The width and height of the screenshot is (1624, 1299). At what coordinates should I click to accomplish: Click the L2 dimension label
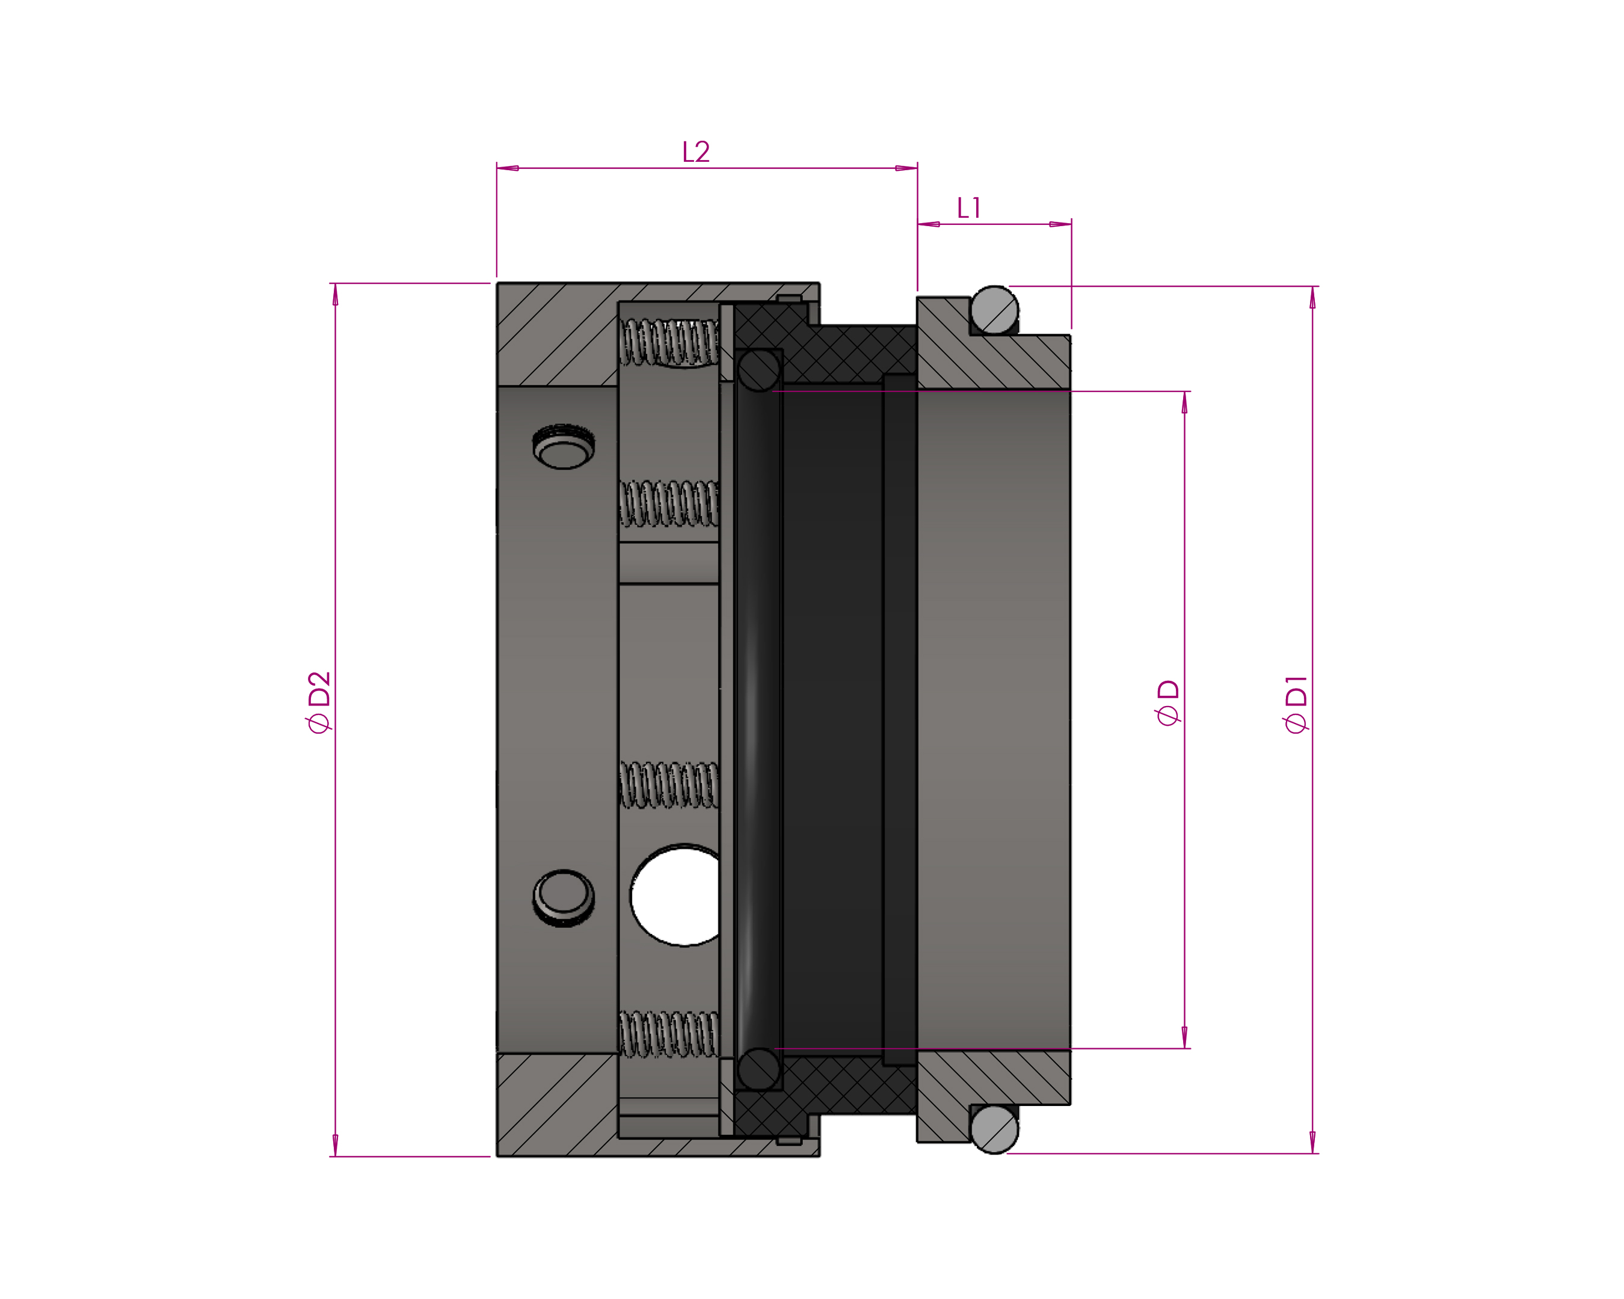tap(695, 152)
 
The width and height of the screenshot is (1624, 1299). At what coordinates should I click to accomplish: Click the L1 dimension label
tap(968, 208)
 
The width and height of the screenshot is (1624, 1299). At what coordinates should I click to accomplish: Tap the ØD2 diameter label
tap(319, 702)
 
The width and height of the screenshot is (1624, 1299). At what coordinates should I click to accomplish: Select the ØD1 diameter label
tap(1296, 704)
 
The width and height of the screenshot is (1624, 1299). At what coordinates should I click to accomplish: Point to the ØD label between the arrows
tap(1168, 702)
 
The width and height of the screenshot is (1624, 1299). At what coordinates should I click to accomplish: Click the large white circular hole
tap(675, 895)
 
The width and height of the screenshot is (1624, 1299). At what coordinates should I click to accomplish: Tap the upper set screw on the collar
tap(564, 447)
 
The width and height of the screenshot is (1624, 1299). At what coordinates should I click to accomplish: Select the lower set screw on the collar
tap(564, 898)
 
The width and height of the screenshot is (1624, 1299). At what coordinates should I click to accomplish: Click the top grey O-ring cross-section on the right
tap(994, 310)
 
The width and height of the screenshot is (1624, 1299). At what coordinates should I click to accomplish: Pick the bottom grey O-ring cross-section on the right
tap(994, 1129)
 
